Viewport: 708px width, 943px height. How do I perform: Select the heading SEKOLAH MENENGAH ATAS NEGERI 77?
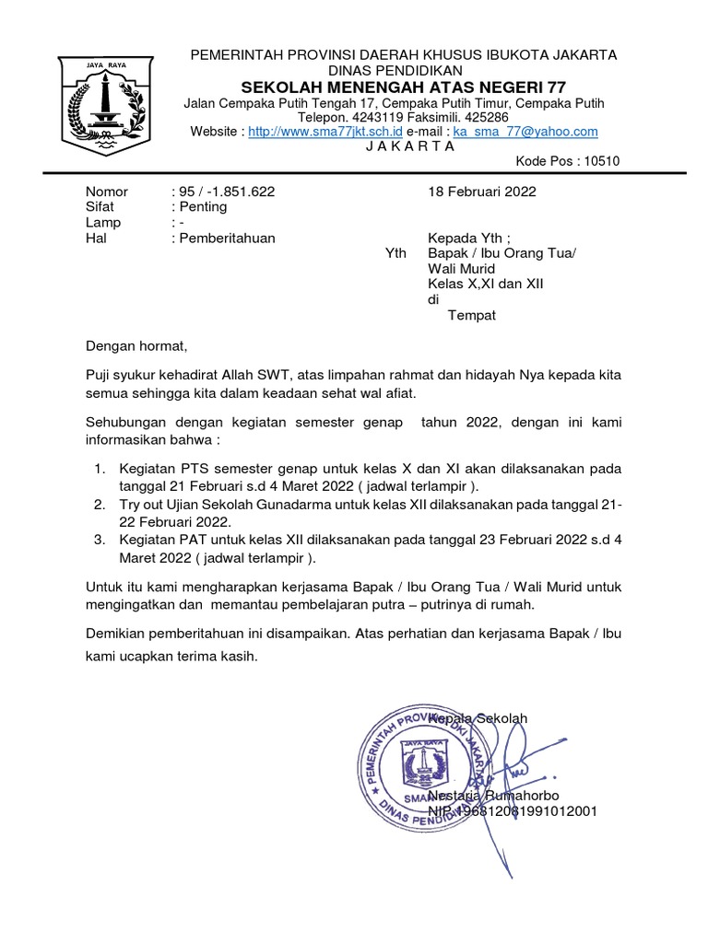[404, 87]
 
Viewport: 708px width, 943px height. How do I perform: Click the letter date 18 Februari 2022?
[481, 192]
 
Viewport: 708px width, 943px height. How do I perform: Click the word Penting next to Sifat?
[203, 207]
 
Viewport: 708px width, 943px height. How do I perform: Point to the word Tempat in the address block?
[471, 315]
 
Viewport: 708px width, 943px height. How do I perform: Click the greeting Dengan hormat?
[136, 346]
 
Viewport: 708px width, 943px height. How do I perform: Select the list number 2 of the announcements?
[100, 506]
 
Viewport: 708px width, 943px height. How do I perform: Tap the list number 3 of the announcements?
[100, 540]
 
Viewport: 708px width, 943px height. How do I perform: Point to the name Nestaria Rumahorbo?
[493, 795]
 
